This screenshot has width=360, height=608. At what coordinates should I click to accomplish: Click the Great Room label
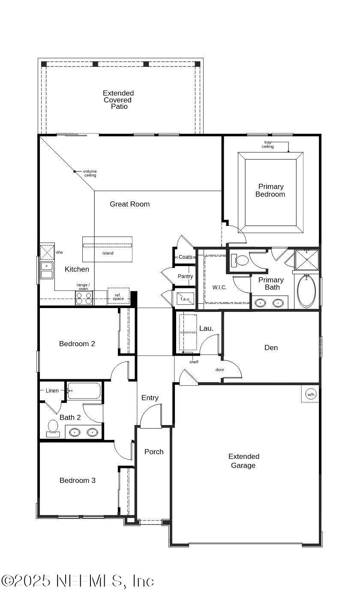point(129,204)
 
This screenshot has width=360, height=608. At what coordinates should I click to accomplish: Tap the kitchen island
point(107,249)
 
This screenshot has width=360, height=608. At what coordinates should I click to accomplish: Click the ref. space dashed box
point(118,296)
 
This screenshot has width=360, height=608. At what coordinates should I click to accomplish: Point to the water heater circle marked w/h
point(310,394)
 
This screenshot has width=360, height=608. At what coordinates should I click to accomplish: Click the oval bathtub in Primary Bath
point(306,291)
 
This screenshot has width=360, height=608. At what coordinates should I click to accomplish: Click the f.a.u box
point(185,299)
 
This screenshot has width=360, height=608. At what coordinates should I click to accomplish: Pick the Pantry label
point(185,276)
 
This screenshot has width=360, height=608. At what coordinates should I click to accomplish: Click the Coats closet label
point(186,257)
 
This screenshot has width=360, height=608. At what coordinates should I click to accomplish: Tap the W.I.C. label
point(219,288)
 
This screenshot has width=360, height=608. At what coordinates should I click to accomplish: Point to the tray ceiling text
point(268,144)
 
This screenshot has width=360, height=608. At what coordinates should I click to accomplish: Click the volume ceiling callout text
point(90,173)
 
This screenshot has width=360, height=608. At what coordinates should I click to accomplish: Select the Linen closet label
point(52,391)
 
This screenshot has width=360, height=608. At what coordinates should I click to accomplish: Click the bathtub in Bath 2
point(84,391)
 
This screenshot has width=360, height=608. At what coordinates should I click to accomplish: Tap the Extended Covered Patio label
point(118,99)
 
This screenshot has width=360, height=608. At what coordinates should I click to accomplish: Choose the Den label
point(271,347)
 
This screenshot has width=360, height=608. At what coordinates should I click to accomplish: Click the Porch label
point(154,452)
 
